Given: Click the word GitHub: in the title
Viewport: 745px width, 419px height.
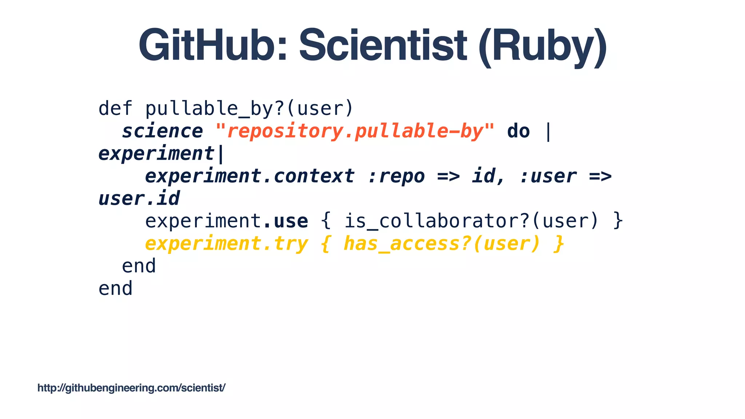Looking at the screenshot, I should [213, 46].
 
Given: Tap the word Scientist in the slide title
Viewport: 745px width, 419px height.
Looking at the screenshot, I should [383, 46].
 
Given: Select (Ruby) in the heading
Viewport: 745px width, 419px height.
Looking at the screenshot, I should [542, 46].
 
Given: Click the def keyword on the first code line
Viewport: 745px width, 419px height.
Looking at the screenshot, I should [115, 108].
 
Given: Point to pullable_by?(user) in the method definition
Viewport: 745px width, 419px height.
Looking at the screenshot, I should [249, 108].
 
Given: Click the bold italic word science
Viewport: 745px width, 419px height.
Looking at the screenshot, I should [162, 131].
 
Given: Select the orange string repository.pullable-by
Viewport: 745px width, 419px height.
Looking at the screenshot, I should [355, 131].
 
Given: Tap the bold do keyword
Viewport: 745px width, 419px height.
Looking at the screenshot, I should [518, 131].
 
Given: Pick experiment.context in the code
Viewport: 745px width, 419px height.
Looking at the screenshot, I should [250, 176].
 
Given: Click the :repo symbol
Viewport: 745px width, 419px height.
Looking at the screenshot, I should [396, 176].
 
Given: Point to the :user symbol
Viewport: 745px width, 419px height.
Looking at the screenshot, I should [548, 176].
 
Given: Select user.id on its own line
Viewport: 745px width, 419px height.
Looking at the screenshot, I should [139, 199].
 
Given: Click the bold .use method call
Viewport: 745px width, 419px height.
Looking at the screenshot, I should [285, 221].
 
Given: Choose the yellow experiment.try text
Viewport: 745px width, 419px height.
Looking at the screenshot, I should [226, 243].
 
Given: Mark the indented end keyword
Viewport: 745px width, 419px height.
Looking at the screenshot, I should [139, 266].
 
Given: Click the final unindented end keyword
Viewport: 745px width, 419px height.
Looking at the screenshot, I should [115, 288].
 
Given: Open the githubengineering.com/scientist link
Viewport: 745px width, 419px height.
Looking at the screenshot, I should [131, 388].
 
